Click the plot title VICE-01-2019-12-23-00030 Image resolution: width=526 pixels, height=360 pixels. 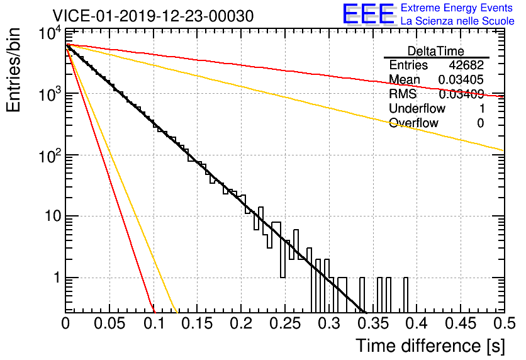pos(153,16)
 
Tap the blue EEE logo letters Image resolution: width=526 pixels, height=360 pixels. pos(368,14)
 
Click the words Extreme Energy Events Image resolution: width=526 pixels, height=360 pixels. pos(457,8)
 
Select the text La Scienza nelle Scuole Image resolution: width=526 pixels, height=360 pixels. pos(457,21)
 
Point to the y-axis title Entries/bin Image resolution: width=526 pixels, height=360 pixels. pos(14,70)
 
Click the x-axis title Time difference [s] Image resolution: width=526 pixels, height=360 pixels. pos(430,346)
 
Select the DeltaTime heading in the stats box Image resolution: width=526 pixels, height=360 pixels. pos(435,51)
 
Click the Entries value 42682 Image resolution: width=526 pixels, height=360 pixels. pos(466,65)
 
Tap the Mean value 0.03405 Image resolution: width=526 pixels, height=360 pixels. pos(461,79)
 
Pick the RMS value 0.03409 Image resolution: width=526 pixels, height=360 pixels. pos(461,94)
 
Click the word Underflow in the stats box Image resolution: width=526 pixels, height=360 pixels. pos(417,108)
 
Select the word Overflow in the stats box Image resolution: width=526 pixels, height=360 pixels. pos(413,123)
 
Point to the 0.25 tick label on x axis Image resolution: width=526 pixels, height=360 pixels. pos(285,323)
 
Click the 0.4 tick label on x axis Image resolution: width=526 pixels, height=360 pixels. pos(417,323)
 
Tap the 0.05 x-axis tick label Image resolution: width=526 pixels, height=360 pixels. pos(109,323)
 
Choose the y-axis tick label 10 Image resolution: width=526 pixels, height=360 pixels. pos(53,216)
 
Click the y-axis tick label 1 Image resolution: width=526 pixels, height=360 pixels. pos(58,278)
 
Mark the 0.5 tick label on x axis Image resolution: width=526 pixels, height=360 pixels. pos(505,323)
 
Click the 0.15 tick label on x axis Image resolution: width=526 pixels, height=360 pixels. pos(198,323)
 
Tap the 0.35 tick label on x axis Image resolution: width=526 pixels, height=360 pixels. pos(373,323)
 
